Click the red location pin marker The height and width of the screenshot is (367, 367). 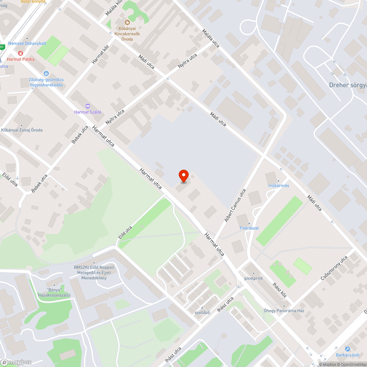pos(183,176)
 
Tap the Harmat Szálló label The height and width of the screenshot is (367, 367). pos(88,112)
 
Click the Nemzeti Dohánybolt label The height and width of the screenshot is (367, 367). pos(27,43)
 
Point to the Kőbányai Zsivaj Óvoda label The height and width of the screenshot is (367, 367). pos(22,130)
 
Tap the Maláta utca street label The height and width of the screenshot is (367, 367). pos(211,39)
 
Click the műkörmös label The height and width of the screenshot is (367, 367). pos(279,185)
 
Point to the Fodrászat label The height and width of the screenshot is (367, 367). pos(249,228)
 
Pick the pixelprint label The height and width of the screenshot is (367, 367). pos(254,278)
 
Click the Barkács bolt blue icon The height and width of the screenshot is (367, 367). pos(347,349)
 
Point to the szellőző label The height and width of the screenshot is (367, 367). pos(202,313)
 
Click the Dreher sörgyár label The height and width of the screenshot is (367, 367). pos(348,85)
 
